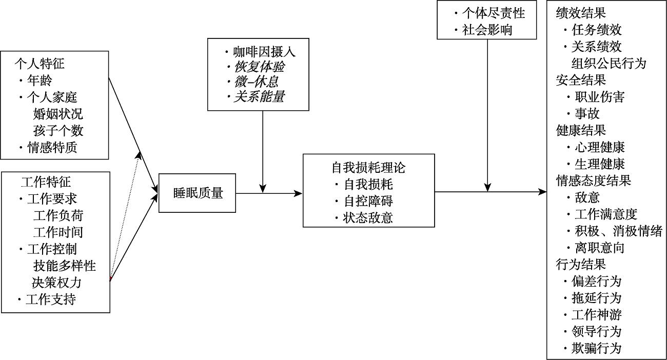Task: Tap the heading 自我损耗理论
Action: click(369, 168)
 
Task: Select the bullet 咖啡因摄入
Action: click(264, 52)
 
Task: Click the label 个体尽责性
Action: click(494, 13)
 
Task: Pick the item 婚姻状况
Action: click(58, 113)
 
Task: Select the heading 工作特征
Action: click(46, 182)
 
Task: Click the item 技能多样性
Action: click(65, 266)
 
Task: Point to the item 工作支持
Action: click(51, 299)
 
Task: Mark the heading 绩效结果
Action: click(581, 14)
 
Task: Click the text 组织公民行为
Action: click(609, 64)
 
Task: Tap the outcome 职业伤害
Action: click(599, 97)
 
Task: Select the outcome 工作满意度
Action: click(605, 214)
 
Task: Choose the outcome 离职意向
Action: click(599, 248)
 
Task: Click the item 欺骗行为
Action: click(596, 348)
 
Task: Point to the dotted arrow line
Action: click(125, 215)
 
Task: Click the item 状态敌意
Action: click(368, 217)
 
